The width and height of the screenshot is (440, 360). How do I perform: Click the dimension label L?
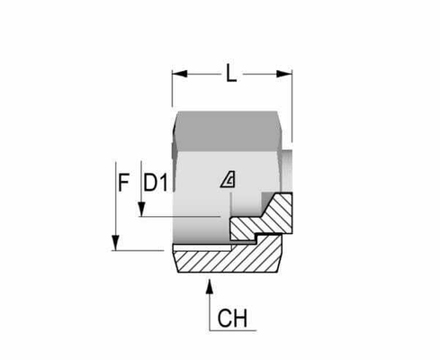tap(232, 77)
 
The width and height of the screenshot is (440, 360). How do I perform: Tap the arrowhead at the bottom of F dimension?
tap(115, 244)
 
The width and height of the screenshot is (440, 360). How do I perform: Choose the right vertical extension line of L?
tap(292, 99)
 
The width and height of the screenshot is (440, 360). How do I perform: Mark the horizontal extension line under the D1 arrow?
tap(180, 217)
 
